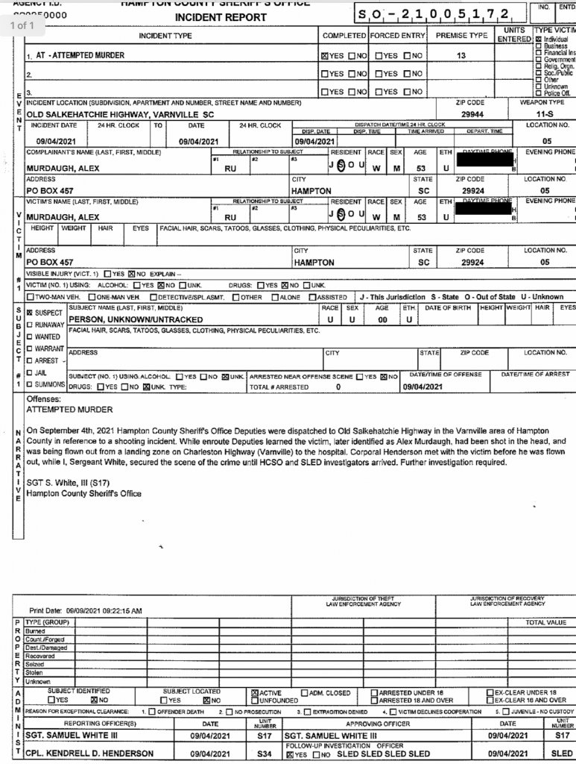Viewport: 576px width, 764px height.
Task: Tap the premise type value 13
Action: (461, 55)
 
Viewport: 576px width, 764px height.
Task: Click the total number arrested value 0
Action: (338, 387)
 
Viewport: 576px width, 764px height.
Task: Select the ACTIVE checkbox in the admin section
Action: (256, 692)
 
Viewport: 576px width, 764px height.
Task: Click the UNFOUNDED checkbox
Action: (256, 701)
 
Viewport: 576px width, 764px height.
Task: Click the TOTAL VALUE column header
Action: (545, 621)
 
